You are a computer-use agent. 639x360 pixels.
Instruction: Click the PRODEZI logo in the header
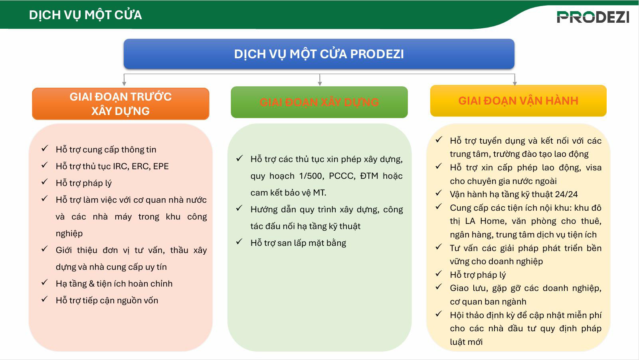[x=593, y=17]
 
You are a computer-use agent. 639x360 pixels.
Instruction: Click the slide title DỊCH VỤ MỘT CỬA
[x=85, y=15]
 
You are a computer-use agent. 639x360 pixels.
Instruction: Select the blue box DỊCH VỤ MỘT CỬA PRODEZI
[x=319, y=54]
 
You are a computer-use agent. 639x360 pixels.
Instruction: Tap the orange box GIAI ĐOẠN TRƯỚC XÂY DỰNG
[x=121, y=104]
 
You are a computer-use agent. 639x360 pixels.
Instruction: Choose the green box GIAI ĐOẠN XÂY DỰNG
[x=319, y=102]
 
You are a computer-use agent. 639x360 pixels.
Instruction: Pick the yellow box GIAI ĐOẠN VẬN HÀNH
[x=518, y=101]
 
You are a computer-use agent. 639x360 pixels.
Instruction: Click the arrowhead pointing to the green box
[x=320, y=83]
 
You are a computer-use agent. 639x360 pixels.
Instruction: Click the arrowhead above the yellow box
[x=514, y=83]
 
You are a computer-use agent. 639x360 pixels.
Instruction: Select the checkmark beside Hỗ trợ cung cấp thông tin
[x=44, y=149]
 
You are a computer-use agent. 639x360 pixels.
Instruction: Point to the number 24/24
[x=566, y=194]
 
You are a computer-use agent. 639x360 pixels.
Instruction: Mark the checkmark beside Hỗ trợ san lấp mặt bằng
[x=239, y=242]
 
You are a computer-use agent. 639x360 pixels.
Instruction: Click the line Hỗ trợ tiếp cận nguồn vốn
[x=107, y=301]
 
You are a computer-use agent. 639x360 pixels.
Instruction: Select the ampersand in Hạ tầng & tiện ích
[x=91, y=284]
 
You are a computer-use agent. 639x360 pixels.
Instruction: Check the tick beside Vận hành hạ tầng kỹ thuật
[x=439, y=194]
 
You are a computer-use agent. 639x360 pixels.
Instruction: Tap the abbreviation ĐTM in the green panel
[x=369, y=176]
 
